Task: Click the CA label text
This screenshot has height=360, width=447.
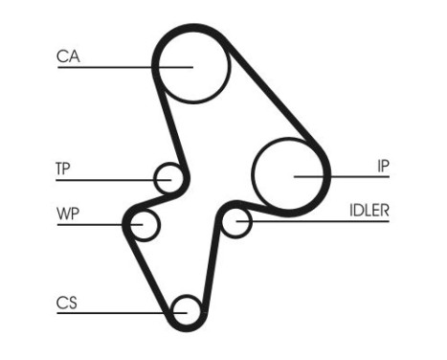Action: pyautogui.click(x=68, y=56)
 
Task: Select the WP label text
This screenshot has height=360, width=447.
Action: pyautogui.click(x=66, y=212)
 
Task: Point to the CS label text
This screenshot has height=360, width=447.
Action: pyautogui.click(x=66, y=304)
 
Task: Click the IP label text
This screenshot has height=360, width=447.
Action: pyautogui.click(x=382, y=165)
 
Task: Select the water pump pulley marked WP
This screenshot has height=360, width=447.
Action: pyautogui.click(x=144, y=225)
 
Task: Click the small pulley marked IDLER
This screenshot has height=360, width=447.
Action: pyautogui.click(x=235, y=222)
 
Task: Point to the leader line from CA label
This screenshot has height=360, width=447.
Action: pyautogui.click(x=115, y=66)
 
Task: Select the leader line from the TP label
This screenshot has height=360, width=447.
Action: pyautogui.click(x=105, y=178)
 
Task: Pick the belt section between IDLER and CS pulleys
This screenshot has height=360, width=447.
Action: pyautogui.click(x=212, y=273)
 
